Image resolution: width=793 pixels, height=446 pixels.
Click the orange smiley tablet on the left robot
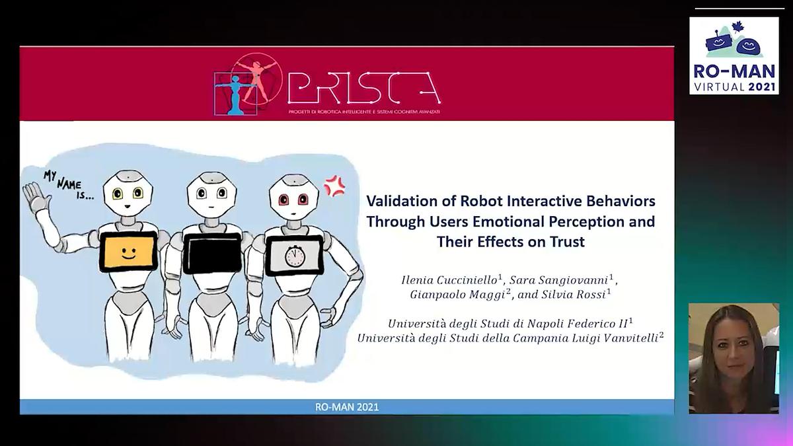128,252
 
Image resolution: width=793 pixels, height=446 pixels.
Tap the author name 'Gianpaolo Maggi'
454,295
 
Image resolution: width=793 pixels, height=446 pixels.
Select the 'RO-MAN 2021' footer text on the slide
346,407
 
